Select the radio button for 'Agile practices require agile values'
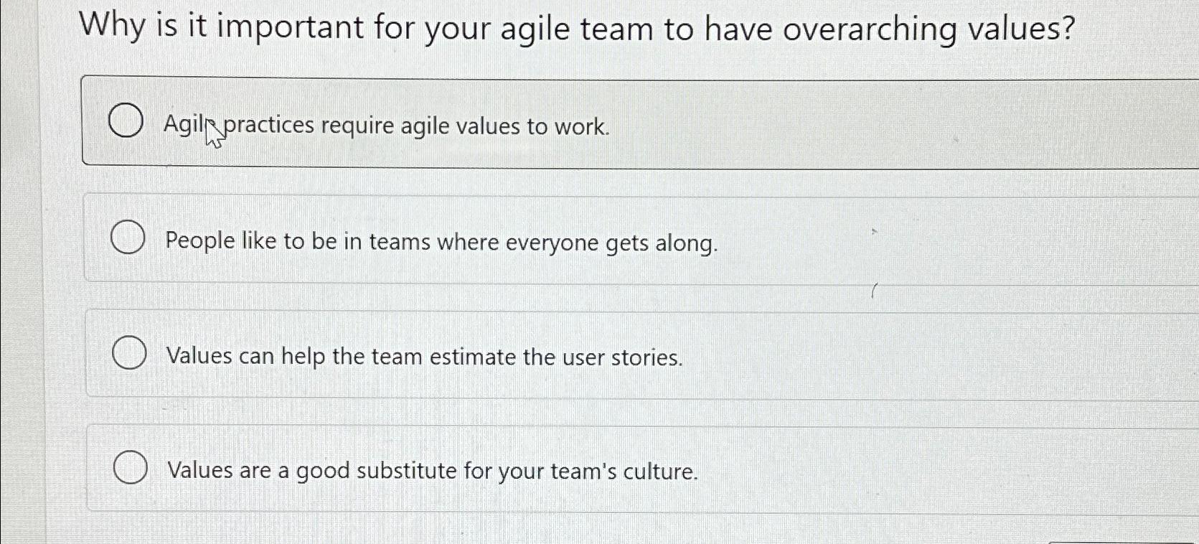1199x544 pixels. pyautogui.click(x=125, y=121)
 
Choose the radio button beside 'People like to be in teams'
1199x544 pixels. pyautogui.click(x=128, y=238)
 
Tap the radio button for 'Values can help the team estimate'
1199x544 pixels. pyautogui.click(x=130, y=354)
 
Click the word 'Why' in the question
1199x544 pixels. pyautogui.click(x=112, y=27)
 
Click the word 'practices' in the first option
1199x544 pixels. pyautogui.click(x=270, y=126)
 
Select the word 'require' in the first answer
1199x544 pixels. pyautogui.click(x=357, y=127)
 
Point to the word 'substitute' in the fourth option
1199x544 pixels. pyautogui.click(x=406, y=471)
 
